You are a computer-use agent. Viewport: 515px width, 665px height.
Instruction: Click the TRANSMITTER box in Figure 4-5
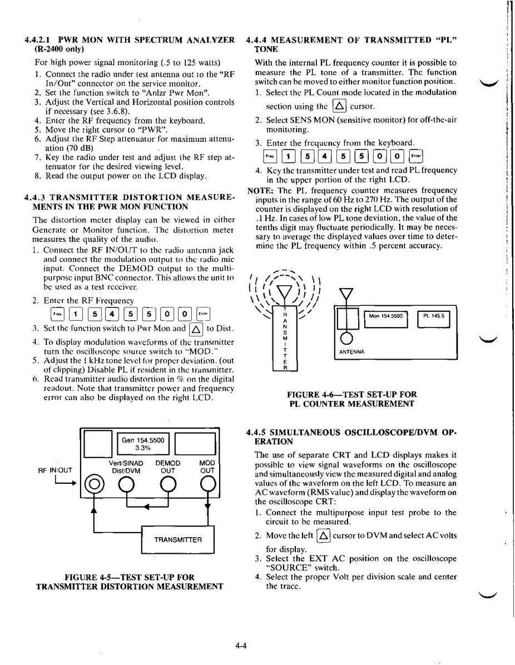click(177, 539)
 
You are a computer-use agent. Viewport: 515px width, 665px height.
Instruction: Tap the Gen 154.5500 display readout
click(143, 443)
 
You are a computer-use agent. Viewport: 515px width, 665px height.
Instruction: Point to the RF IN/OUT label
click(55, 470)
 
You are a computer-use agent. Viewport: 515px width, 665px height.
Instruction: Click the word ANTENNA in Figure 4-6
click(351, 351)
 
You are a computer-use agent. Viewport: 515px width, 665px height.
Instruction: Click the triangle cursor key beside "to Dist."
click(196, 329)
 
